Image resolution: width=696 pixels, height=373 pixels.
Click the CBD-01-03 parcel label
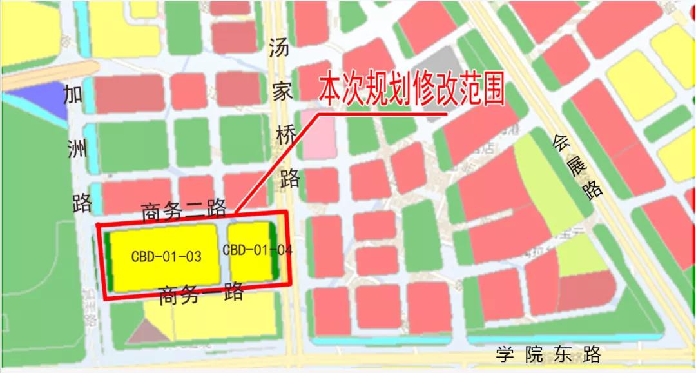tap(166, 256)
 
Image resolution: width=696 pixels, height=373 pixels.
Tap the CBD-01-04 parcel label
tap(257, 250)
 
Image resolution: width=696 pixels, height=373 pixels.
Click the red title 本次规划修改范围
tap(411, 91)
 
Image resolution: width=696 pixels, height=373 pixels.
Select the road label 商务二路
tap(184, 210)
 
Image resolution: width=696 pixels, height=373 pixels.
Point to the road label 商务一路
tap(201, 294)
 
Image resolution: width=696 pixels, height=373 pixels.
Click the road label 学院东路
tap(548, 354)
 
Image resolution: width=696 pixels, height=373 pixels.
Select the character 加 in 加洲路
tap(73, 96)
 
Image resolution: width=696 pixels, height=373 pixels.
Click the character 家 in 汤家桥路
tap(282, 91)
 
